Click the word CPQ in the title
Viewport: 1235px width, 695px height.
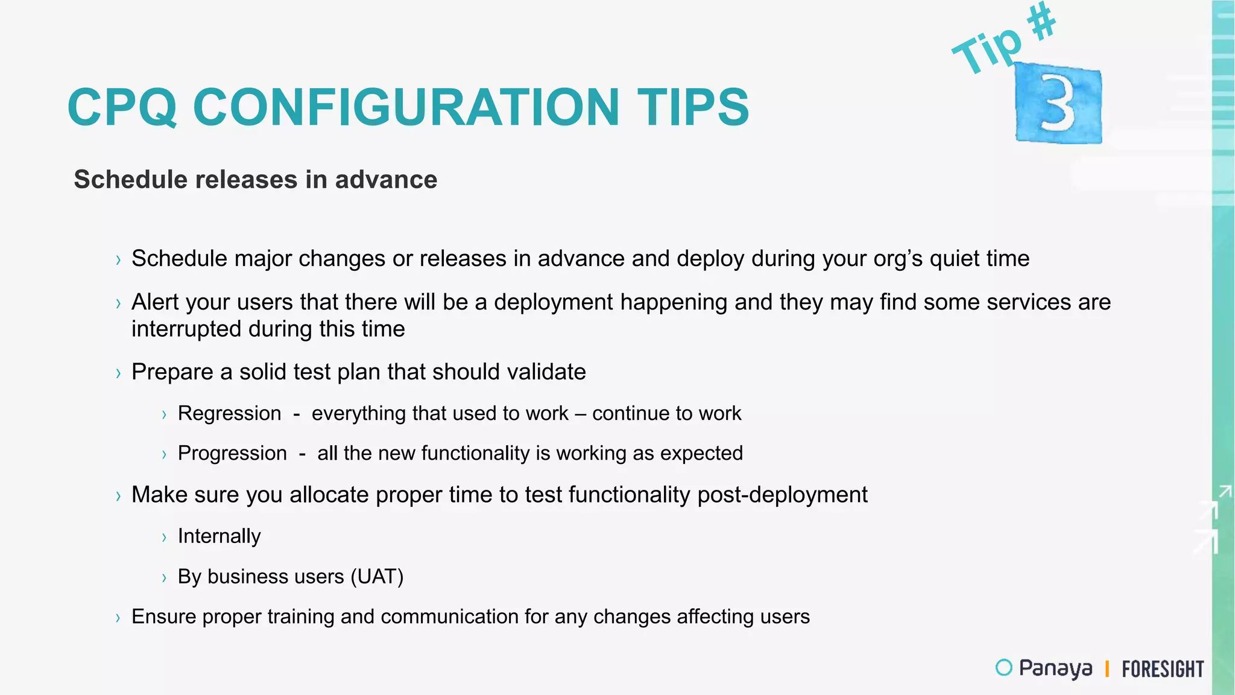point(122,107)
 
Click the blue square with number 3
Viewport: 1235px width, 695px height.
point(1058,104)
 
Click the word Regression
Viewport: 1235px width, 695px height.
point(229,413)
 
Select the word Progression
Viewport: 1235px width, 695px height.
point(232,453)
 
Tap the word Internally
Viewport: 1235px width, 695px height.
point(219,536)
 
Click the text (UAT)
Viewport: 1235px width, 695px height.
point(377,577)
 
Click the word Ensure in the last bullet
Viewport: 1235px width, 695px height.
point(163,617)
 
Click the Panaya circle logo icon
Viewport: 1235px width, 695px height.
point(1003,667)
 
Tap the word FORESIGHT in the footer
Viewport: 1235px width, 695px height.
point(1162,669)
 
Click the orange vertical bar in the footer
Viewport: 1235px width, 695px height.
point(1107,668)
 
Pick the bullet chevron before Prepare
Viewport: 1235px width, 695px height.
point(118,373)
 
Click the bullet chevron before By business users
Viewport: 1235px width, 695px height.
point(164,578)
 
